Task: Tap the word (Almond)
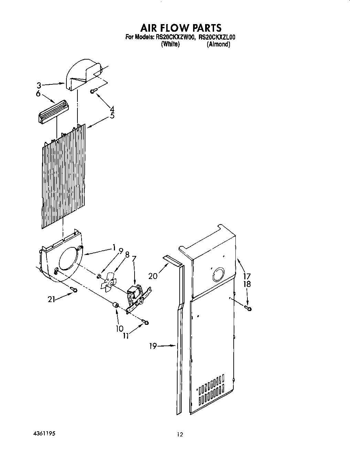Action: tap(218, 44)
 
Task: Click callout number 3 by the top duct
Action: tap(39, 85)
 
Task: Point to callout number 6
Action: tap(38, 94)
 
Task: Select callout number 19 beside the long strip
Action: tap(153, 346)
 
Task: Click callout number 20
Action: tap(153, 276)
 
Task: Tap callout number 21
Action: tap(52, 300)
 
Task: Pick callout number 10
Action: tap(119, 329)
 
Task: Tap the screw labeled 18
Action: tap(248, 308)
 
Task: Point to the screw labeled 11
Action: tap(146, 322)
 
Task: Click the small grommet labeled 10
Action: tap(116, 305)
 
